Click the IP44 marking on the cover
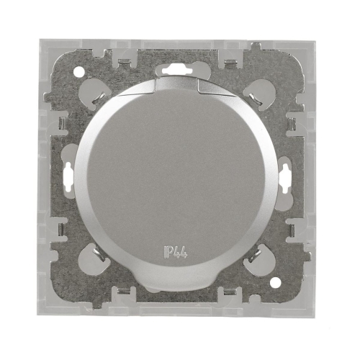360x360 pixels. [175, 252]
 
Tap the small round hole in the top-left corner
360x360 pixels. [78, 71]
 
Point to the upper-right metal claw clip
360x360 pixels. [254, 99]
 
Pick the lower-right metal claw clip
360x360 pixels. [254, 255]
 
